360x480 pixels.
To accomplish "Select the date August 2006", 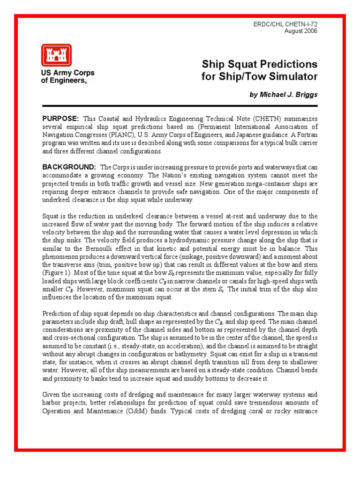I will pos(301,31).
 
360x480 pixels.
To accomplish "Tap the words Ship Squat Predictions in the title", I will pos(259,64).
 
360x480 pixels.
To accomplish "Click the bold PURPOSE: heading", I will pos(60,119).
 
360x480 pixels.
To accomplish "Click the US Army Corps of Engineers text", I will pos(67,76).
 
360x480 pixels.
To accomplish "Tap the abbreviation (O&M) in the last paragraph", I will pos(152,411).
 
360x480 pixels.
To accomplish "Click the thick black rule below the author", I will pos(180,106).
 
